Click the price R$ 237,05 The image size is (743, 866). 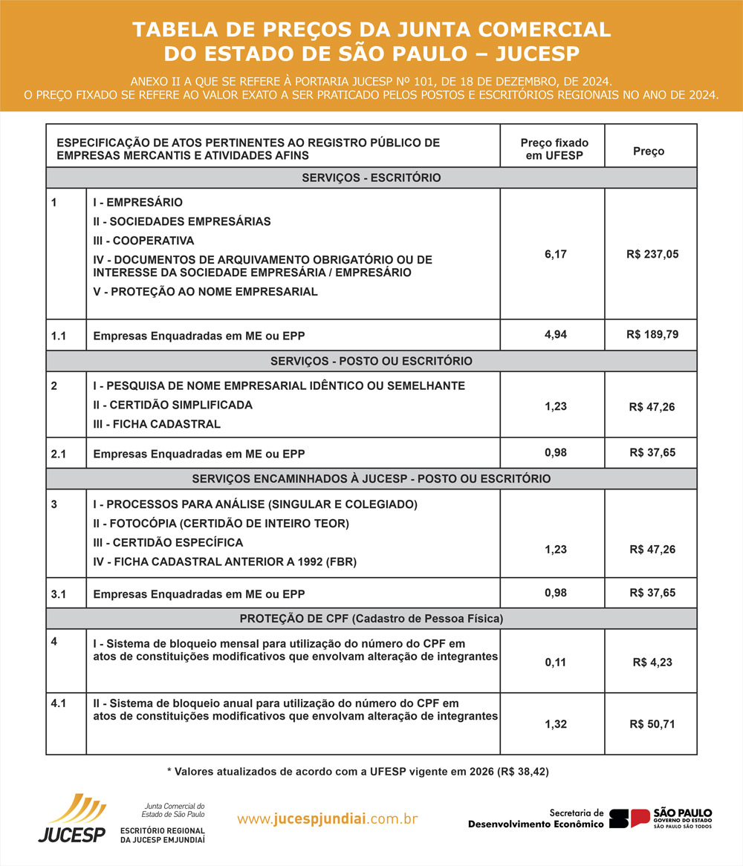coord(652,254)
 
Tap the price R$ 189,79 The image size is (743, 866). coord(652,334)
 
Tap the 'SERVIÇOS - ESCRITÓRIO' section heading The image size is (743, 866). coord(371,178)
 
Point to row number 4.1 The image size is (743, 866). coord(59,702)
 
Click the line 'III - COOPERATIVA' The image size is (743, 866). coord(143,241)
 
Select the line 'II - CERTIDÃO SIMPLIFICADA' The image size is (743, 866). coord(172,405)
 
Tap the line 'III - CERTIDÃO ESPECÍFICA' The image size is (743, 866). coord(168,542)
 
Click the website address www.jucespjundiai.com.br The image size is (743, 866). coord(327,819)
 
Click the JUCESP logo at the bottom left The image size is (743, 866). coord(73,819)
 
